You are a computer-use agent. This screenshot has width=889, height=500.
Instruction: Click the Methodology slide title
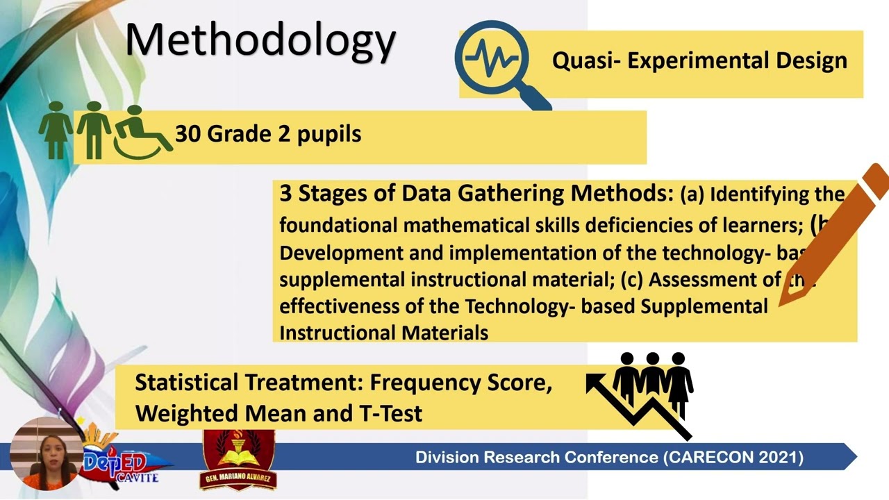tap(260, 40)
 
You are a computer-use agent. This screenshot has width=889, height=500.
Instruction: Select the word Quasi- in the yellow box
tap(585, 60)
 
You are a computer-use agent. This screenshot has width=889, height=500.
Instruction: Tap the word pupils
tap(329, 134)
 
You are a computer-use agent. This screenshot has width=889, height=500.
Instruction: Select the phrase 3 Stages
tap(323, 194)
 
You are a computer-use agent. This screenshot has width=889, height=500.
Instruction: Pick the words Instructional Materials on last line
tap(383, 333)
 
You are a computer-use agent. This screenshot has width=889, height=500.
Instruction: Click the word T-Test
tap(390, 413)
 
